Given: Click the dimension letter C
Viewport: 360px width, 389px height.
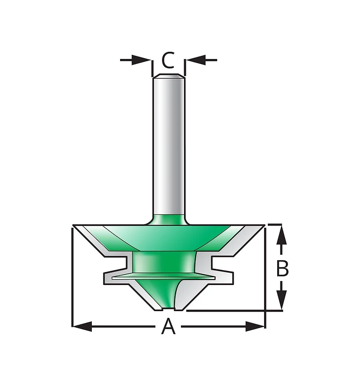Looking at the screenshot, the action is [x=168, y=60].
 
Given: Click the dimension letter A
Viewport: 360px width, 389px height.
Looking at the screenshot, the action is [x=168, y=326].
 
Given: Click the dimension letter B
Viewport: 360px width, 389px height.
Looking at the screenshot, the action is [x=282, y=268].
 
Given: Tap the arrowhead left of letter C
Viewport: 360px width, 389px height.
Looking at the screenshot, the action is [x=141, y=60].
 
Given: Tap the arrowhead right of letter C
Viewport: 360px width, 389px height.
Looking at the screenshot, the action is [x=196, y=60].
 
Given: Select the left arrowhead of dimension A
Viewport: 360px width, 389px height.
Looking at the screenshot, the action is [x=82, y=326].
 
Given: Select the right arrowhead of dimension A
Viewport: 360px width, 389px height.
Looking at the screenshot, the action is [x=255, y=326].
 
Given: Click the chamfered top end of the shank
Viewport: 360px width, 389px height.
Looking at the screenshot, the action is [x=168, y=76].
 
